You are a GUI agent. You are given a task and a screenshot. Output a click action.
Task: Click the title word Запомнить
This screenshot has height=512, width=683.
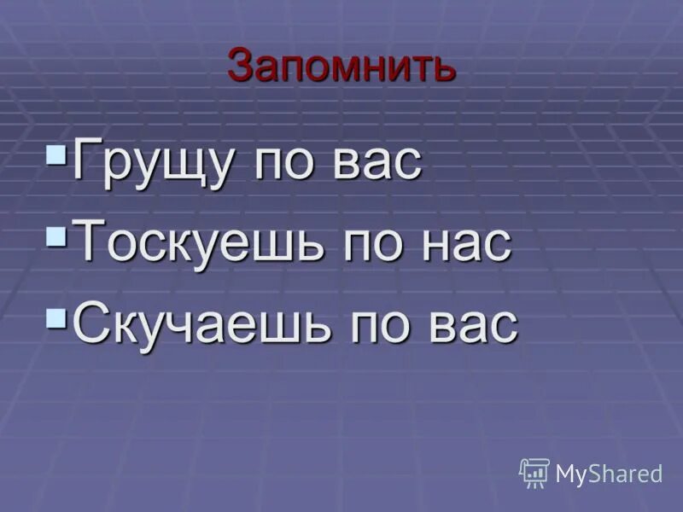click(x=341, y=66)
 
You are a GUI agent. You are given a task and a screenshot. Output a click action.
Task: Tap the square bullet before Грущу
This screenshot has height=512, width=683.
click(x=57, y=154)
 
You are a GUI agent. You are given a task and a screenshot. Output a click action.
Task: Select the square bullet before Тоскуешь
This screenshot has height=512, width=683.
click(x=57, y=233)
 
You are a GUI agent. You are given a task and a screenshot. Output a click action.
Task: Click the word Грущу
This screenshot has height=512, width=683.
click(x=153, y=161)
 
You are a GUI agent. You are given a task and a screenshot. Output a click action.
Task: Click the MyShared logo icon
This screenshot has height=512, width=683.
click(x=534, y=472)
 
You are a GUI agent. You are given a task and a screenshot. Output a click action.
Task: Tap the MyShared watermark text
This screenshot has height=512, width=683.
click(x=609, y=474)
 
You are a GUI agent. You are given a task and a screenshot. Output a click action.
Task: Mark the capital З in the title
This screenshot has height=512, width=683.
click(x=242, y=66)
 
